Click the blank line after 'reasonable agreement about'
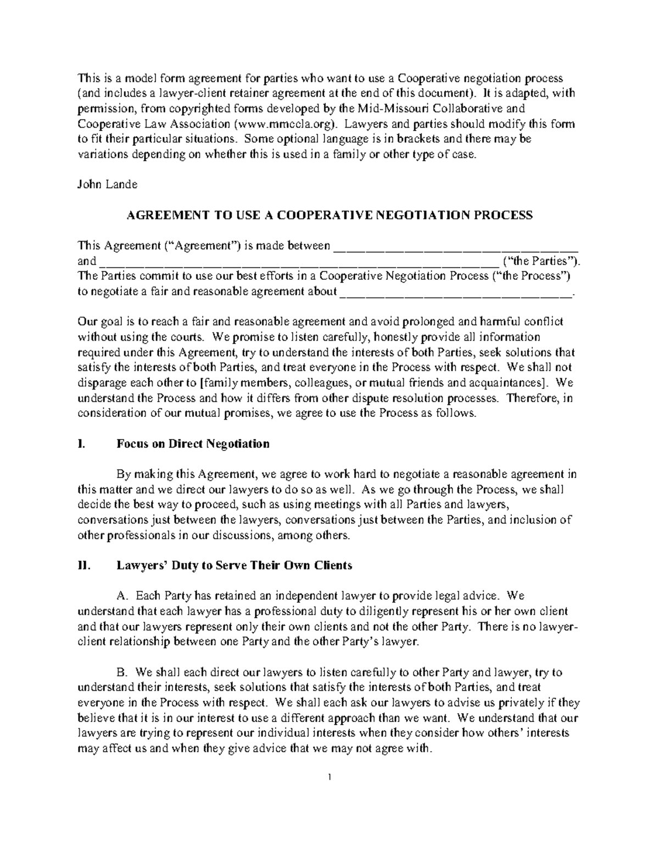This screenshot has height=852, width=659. pyautogui.click(x=456, y=291)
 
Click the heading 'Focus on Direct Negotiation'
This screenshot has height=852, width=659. pyautogui.click(x=193, y=444)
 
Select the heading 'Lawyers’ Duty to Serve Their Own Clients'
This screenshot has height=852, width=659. pyautogui.click(x=234, y=566)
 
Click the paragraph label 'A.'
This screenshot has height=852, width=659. pyautogui.click(x=122, y=596)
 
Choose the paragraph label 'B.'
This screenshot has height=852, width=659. pyautogui.click(x=122, y=672)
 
